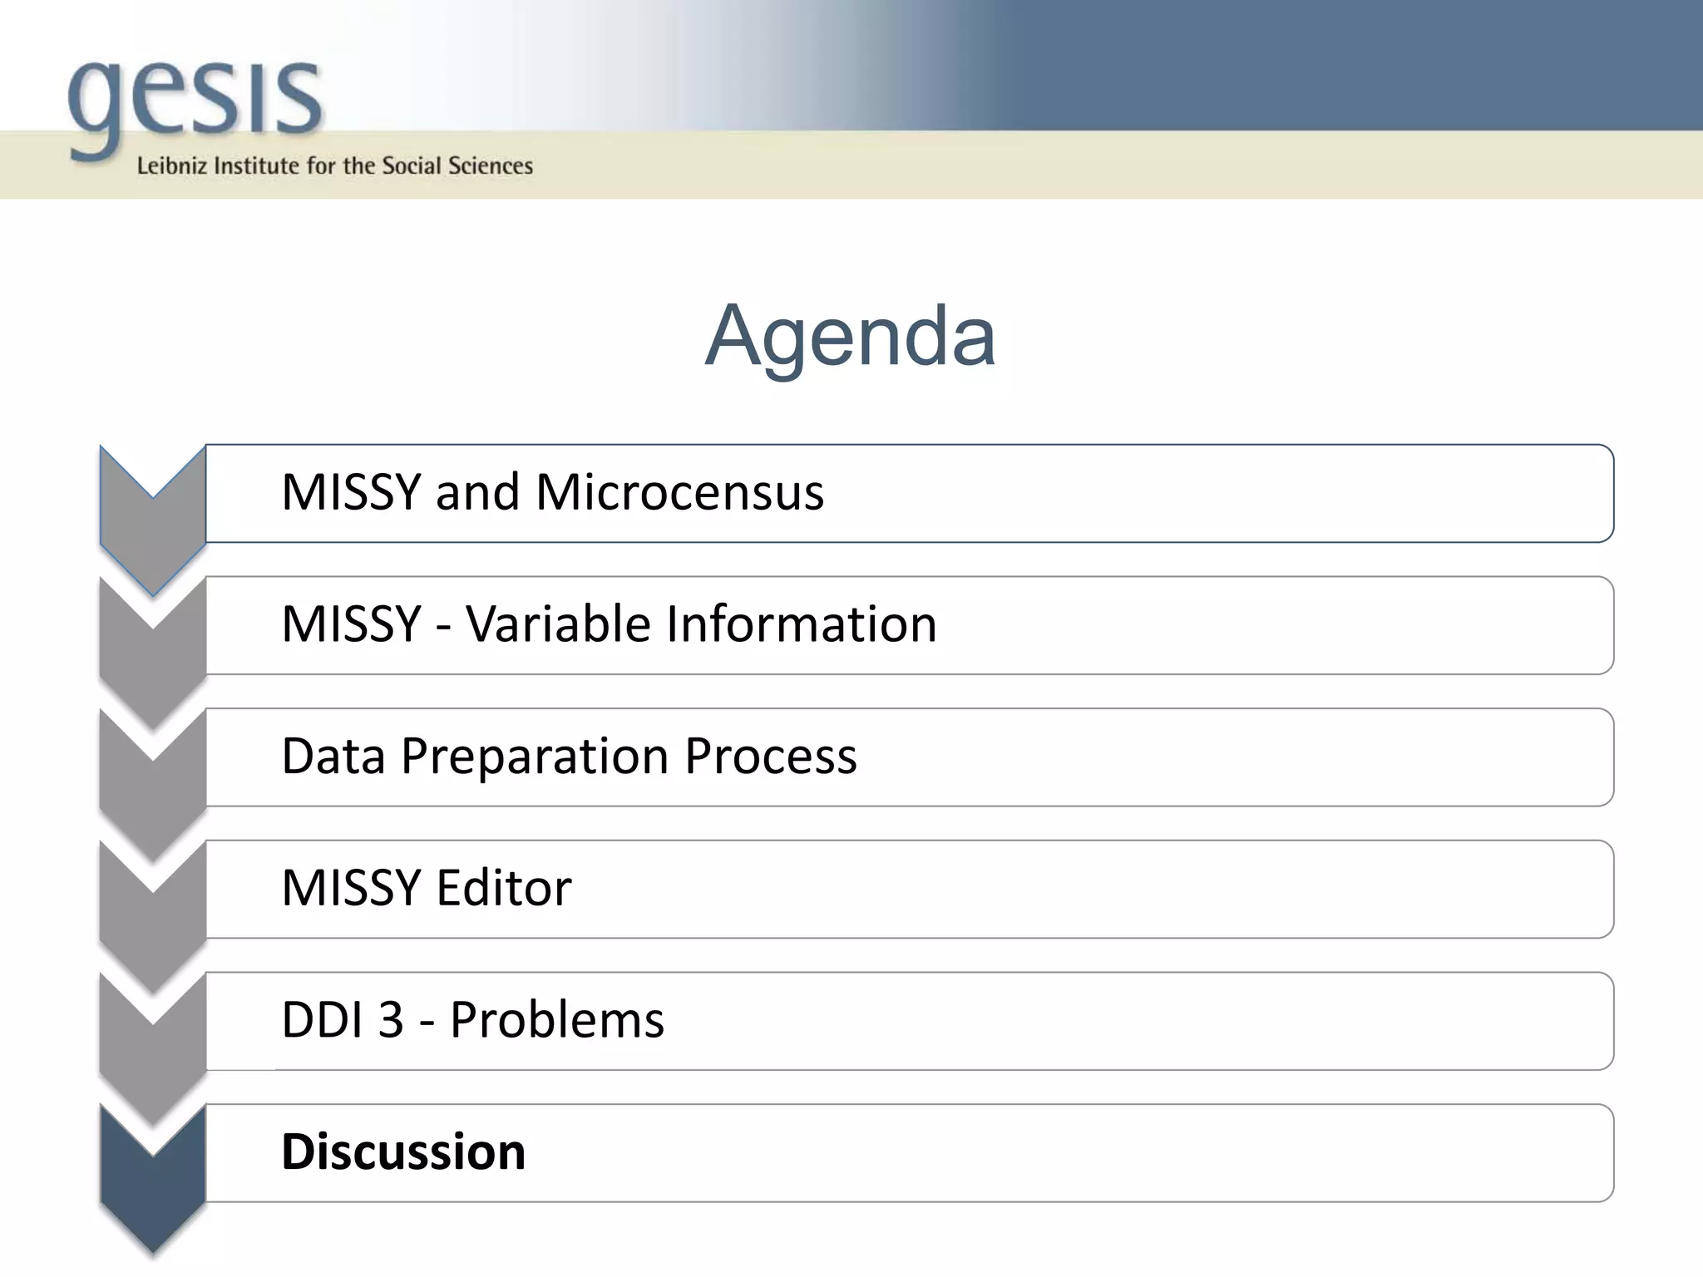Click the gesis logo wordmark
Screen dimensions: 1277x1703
coord(195,101)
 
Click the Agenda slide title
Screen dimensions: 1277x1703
coord(850,336)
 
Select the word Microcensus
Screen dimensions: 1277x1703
coord(679,492)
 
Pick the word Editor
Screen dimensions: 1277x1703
coord(504,888)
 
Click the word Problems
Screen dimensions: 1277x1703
coord(557,1020)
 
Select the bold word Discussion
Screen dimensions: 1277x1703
coord(403,1152)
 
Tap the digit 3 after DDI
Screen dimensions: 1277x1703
coord(391,1020)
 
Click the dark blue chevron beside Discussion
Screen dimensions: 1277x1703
coord(153,1181)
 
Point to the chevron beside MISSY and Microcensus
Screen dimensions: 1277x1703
coord(153,524)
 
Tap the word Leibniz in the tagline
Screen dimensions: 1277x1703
coord(171,166)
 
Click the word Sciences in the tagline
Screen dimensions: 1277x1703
coord(491,166)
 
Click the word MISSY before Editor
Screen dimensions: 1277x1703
coord(352,888)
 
